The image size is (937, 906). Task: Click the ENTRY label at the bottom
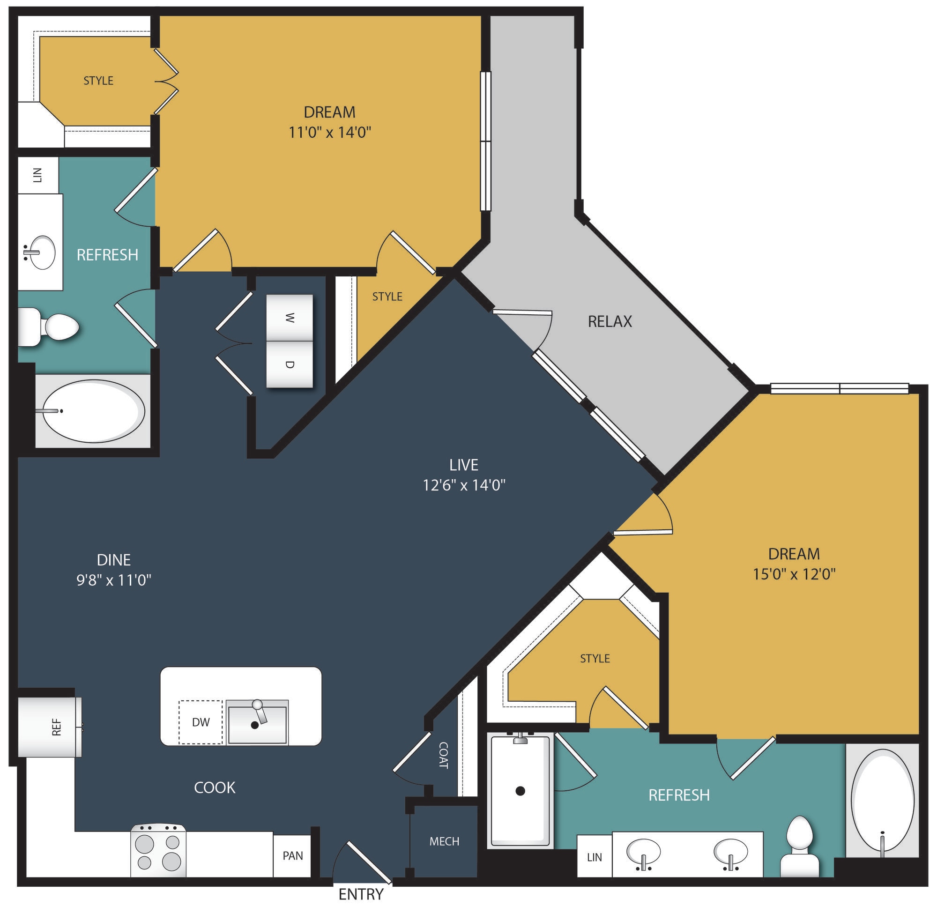coord(361,893)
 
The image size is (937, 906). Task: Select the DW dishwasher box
coord(201,722)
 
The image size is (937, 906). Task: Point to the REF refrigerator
coord(50,727)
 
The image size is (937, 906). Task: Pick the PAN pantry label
coord(292,855)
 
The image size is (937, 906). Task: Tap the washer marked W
coord(290,318)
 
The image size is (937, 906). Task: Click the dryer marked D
coord(290,364)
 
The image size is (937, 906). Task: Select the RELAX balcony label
coord(610,321)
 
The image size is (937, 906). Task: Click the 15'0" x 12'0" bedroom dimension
coord(794,574)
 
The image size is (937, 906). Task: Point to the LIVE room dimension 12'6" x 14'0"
coord(464,485)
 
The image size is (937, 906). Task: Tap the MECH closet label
coord(444,841)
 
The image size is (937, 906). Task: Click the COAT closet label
coord(443,756)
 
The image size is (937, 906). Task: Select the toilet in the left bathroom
coord(48,327)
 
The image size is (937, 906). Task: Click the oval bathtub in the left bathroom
coord(93,411)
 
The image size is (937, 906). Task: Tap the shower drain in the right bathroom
coord(520,791)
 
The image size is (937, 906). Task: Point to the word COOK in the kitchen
coord(215,787)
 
